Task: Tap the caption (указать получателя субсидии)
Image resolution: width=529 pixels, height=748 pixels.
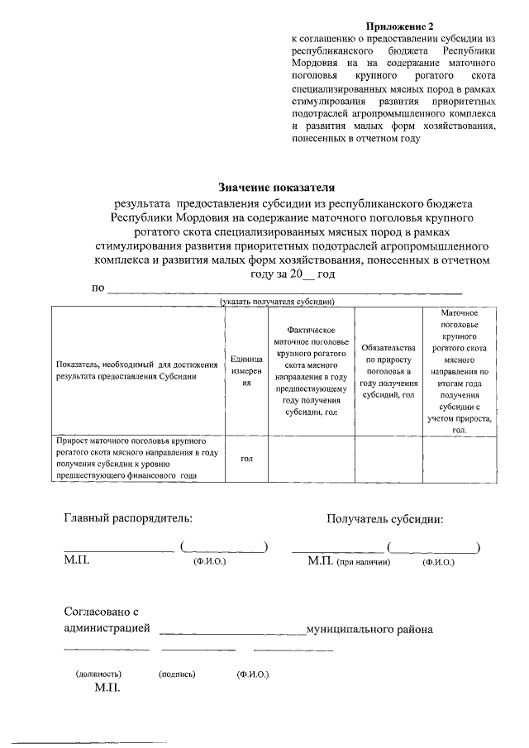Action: [277, 303]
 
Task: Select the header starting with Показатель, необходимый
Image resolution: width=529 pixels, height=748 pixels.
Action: [136, 370]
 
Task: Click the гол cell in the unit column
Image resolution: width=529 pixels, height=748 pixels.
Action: [245, 458]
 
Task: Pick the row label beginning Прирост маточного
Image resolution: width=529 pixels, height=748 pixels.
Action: [135, 459]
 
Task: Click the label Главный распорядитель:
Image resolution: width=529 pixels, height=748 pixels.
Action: [128, 518]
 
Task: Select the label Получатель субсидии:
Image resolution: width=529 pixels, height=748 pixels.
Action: [384, 519]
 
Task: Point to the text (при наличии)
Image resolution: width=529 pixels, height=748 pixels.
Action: [362, 562]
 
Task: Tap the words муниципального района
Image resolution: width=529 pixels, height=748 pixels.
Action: [369, 630]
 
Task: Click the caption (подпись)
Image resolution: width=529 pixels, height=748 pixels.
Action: [177, 674]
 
